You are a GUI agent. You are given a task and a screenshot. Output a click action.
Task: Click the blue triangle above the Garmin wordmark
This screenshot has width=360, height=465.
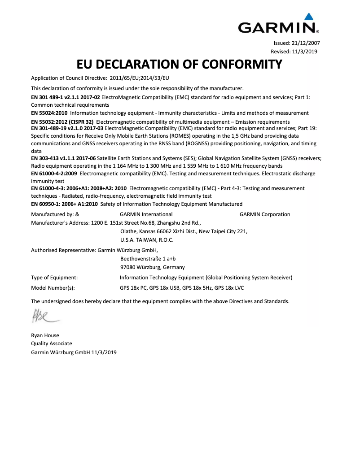tap(308, 17)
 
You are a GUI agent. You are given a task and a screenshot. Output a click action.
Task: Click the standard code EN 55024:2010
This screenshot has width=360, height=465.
tap(49, 113)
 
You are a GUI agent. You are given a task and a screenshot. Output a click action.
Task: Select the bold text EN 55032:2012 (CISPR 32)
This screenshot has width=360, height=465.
tap(62, 122)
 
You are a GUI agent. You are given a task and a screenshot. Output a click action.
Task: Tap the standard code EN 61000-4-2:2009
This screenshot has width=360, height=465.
tap(53, 174)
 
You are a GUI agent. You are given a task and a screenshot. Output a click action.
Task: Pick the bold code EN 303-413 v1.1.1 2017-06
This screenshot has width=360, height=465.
tap(63, 158)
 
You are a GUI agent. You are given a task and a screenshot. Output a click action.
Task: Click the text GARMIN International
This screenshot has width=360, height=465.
tap(146, 214)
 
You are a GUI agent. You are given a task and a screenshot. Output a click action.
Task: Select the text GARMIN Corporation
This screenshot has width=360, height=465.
tap(265, 214)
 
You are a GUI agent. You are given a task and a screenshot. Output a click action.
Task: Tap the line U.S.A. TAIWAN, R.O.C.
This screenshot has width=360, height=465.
tap(147, 240)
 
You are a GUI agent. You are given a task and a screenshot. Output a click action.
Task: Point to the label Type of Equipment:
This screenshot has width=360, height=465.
tap(54, 278)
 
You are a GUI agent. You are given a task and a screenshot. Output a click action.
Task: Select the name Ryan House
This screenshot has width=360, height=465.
tap(45, 335)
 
